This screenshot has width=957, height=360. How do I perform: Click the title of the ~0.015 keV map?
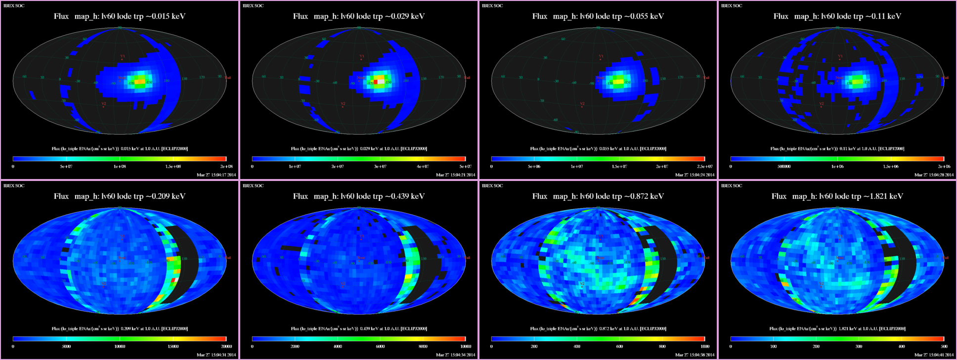click(120, 16)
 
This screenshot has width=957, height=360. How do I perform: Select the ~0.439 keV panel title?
click(359, 196)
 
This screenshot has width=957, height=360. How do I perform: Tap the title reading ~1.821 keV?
click(837, 196)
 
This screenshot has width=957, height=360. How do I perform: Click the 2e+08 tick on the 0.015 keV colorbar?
click(226, 167)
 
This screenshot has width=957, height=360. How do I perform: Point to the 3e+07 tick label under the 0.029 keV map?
click(380, 167)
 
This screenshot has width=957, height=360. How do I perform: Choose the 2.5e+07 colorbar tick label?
click(705, 167)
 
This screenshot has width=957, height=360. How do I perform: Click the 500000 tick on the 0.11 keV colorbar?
click(784, 167)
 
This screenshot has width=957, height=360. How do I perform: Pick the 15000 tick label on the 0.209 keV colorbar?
click(173, 347)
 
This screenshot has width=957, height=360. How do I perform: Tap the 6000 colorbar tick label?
click(380, 347)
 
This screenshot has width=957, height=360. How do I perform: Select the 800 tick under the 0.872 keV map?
click(662, 347)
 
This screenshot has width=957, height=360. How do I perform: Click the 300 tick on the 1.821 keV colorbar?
click(859, 347)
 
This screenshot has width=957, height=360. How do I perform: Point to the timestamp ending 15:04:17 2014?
click(216, 175)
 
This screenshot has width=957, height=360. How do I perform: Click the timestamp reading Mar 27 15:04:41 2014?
click(934, 355)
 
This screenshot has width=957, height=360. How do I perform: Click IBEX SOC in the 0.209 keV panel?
click(14, 186)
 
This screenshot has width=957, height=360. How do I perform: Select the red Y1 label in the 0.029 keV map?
click(361, 56)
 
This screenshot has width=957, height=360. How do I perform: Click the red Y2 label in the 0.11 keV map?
click(821, 104)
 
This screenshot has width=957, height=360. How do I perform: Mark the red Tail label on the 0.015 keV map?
click(228, 78)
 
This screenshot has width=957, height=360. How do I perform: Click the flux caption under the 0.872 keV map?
click(598, 328)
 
